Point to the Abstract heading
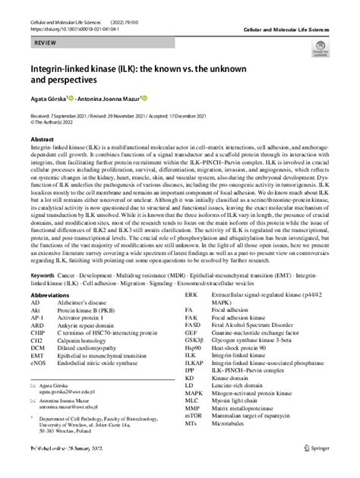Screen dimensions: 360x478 (x=41, y=140)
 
